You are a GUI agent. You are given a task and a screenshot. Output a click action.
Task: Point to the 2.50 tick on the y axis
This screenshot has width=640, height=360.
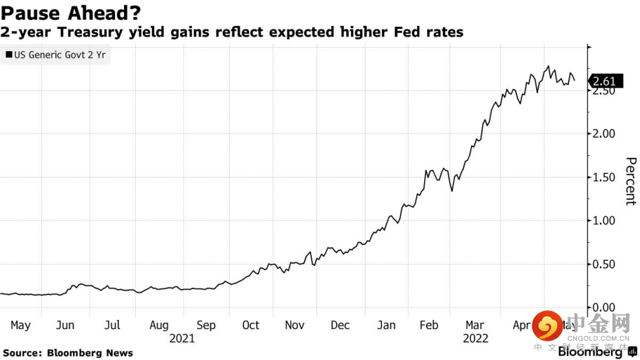coord(605,91)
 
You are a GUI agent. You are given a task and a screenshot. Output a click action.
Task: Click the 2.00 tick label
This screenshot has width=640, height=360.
coord(605,134)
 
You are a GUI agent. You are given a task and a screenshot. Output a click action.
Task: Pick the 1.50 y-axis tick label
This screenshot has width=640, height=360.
coord(605,177)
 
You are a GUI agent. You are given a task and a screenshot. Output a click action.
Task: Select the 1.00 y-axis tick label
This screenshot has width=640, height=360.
coord(605,221)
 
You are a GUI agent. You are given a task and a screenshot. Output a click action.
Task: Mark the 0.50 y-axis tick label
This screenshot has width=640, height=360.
coord(605,264)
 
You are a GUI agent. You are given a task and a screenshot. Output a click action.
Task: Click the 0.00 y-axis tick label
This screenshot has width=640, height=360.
coord(605,308)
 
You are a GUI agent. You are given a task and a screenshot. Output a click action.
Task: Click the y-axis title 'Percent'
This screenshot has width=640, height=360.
coord(630,181)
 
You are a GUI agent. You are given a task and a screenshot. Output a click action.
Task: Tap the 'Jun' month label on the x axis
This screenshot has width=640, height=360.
coord(65,326)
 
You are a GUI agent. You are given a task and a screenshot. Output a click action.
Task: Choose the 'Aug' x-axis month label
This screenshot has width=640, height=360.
coord(159,326)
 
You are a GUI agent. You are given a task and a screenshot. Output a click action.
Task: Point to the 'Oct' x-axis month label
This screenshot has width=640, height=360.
coord(250,326)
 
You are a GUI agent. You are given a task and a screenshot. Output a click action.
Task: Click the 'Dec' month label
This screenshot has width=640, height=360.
coord(340,326)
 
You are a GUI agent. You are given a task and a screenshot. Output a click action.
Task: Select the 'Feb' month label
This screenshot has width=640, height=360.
coord(429,326)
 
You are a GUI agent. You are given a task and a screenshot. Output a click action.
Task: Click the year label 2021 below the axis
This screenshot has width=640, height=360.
coord(181,339)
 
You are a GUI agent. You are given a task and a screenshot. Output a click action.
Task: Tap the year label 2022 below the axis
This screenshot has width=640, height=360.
coord(476,339)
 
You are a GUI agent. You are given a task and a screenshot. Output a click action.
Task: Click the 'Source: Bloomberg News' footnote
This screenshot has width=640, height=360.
coord(67,353)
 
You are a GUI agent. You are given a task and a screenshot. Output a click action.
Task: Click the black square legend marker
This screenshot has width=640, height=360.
coord(8,54)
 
